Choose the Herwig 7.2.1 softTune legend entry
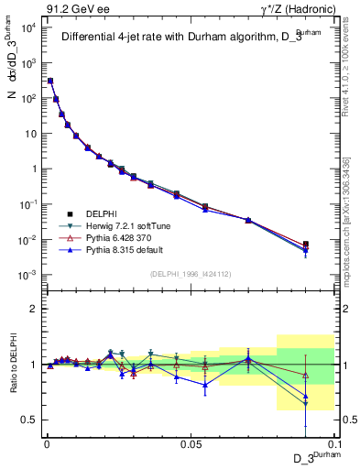[x=124, y=225]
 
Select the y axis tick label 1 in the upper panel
[x=32, y=169]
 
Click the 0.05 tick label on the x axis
[x=191, y=443]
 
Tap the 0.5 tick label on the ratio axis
[x=29, y=420]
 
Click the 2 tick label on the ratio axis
[x=32, y=309]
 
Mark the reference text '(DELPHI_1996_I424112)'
[x=190, y=272]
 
